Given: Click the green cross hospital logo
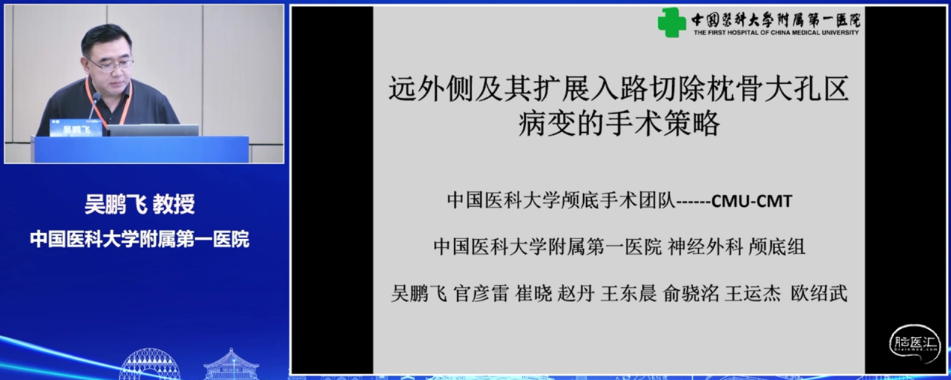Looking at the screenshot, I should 671,22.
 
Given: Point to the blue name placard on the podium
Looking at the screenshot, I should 75,128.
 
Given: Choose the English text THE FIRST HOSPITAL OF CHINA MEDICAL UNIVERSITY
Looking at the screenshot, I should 776,33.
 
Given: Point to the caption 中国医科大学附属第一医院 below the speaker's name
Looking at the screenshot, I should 139,240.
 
